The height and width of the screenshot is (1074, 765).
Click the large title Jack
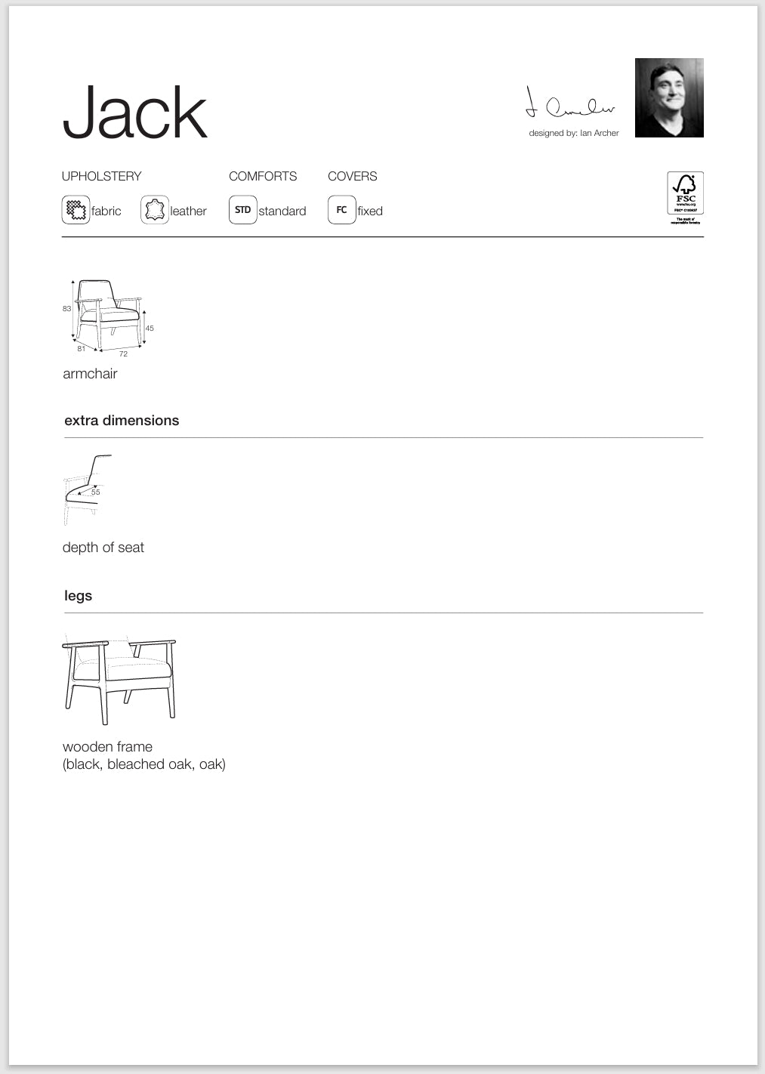tap(134, 113)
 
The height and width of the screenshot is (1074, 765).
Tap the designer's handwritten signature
tap(570, 105)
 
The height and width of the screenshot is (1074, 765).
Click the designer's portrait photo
tap(669, 97)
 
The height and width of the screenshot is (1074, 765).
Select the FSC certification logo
tap(685, 197)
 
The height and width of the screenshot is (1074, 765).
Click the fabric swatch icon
tap(76, 209)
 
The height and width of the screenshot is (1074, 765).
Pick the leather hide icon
tap(155, 209)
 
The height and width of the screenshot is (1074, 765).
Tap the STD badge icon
tap(242, 209)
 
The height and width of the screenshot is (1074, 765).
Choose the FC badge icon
tap(341, 209)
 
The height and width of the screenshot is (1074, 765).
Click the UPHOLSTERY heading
tap(101, 176)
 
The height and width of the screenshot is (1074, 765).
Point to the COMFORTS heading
tap(263, 176)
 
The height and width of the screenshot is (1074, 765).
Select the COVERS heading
tap(352, 176)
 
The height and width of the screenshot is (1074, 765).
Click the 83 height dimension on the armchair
tap(66, 308)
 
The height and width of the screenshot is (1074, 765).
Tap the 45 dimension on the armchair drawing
tap(150, 328)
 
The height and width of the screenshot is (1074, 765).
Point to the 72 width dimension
tap(123, 353)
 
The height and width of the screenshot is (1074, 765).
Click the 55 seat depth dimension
tap(95, 492)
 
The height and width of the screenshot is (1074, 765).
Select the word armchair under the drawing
tap(90, 373)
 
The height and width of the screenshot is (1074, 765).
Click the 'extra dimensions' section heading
tap(122, 420)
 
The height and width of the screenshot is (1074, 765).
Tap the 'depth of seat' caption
tap(103, 547)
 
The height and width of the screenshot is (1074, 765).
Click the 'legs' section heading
tap(78, 595)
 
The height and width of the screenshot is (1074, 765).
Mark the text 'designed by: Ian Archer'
tap(573, 133)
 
